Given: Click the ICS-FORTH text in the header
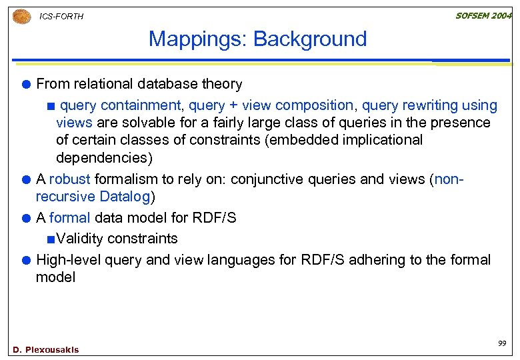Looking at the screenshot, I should pos(61,16).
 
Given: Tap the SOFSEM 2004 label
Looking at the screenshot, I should pos(483,15).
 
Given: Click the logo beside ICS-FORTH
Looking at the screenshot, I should pos(21,16).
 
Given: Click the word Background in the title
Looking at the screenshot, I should pos(310,39).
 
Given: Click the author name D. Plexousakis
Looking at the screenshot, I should pos(45,350).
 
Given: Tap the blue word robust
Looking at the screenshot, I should pos(70,179).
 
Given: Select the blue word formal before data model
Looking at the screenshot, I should pos(70,218).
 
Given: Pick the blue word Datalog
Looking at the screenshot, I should pos(125,197).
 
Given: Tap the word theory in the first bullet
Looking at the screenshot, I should pos(224,84).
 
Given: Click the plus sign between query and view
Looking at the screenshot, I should pos(233,105).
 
